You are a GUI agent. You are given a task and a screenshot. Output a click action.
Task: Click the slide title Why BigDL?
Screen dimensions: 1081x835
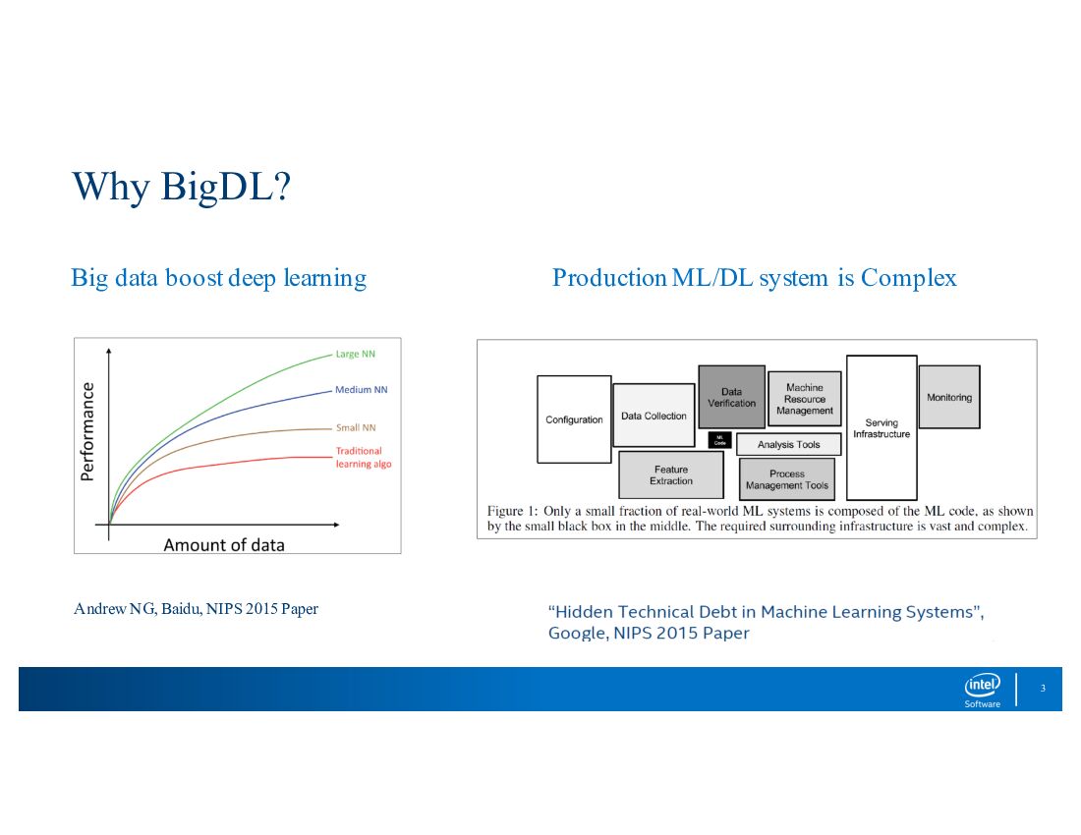(182, 187)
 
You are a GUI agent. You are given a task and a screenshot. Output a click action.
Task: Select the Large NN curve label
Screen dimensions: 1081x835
(355, 354)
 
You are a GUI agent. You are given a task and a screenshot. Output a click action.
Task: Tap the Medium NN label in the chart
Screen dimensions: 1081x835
(362, 390)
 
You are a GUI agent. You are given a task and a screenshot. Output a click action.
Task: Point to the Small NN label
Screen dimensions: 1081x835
(356, 428)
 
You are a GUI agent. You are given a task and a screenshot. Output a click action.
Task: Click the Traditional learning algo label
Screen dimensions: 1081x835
(364, 458)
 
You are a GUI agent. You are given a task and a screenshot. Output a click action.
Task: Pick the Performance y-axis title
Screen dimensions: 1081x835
(86, 431)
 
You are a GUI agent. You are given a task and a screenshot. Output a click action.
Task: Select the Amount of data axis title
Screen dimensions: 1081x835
(224, 545)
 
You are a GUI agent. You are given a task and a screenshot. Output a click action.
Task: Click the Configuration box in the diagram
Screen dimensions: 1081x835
(574, 419)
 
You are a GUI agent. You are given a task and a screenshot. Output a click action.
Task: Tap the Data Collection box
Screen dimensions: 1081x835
(654, 416)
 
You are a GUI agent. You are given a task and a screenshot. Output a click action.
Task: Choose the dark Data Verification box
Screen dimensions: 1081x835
(731, 397)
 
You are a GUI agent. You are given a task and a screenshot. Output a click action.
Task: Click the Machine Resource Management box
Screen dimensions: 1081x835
(805, 399)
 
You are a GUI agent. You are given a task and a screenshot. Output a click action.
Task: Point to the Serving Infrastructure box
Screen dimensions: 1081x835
(882, 428)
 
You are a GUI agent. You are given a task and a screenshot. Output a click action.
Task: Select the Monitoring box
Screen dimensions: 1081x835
(949, 398)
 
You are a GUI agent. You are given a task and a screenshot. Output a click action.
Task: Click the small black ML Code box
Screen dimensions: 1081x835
(719, 439)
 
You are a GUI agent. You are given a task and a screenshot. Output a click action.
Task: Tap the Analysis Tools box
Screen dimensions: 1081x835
(789, 444)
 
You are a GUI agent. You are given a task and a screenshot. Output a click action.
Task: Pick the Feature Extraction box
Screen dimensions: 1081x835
(671, 474)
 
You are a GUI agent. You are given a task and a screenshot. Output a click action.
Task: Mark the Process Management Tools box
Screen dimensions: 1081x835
(786, 478)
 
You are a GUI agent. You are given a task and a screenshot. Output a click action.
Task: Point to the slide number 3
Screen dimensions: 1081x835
(1043, 688)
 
